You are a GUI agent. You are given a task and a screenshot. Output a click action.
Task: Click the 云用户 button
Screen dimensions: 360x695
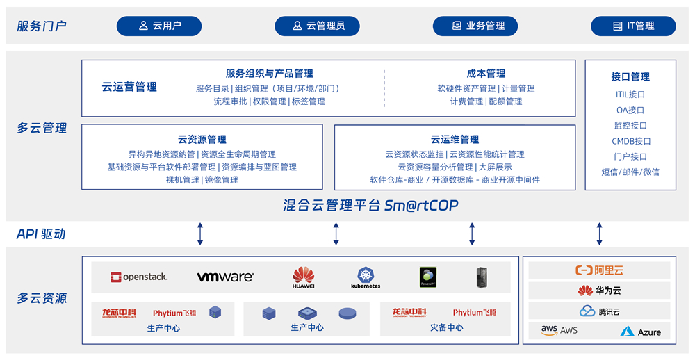[x=159, y=26]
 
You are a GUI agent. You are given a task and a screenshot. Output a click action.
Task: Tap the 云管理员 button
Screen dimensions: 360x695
[x=318, y=26]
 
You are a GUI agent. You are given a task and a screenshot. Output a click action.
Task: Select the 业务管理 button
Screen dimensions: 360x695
[x=476, y=26]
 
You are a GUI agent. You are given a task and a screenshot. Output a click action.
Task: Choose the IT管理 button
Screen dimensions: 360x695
[x=633, y=26]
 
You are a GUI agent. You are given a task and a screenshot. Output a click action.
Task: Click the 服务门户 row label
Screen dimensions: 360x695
[x=42, y=26]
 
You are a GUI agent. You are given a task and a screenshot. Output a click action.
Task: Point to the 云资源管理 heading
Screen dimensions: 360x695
[x=202, y=140]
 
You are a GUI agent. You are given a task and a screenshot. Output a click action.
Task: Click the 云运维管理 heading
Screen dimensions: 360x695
[x=455, y=140]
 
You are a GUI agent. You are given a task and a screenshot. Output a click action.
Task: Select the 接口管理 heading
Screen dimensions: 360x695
[x=630, y=76]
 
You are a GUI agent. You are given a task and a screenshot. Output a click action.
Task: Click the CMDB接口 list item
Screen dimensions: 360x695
[x=630, y=141]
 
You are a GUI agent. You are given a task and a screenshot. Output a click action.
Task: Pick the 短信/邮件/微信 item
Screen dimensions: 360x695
[x=630, y=172]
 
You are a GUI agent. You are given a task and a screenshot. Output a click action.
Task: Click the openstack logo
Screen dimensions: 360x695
[x=139, y=277]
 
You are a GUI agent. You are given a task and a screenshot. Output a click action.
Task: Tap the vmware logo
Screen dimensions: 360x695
[x=225, y=277]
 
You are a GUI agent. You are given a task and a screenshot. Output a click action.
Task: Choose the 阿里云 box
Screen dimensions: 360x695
[x=599, y=270]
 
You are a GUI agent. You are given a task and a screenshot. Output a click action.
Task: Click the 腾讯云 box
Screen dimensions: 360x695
[x=599, y=311]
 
